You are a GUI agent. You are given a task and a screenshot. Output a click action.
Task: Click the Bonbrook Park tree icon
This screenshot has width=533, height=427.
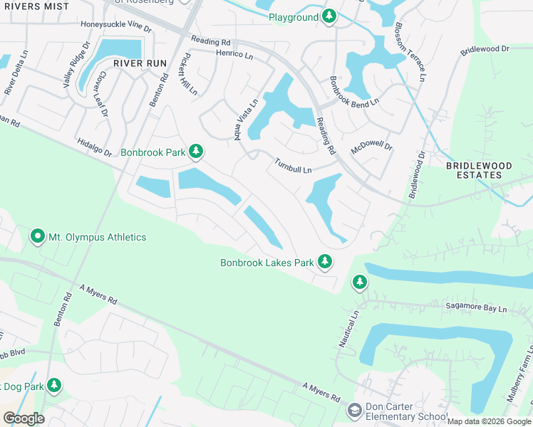click(196, 152)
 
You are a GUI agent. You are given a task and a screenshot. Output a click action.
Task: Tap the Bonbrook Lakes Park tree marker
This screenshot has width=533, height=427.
click(325, 263)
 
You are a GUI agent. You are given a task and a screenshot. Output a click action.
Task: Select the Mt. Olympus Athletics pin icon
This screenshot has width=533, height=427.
click(38, 236)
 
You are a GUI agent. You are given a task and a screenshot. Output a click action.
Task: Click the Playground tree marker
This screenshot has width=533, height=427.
click(328, 16)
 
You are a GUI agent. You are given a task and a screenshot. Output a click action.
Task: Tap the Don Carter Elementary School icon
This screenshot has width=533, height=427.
click(354, 411)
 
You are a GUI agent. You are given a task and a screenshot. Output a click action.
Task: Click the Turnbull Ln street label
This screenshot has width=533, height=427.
click(294, 166)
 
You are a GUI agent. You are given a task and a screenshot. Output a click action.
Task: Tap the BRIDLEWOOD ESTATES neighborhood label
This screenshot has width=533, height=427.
click(479, 171)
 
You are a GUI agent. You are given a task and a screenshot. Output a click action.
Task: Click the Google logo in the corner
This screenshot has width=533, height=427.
click(24, 418)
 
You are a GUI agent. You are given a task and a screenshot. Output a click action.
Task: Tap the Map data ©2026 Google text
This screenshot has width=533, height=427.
click(489, 421)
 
